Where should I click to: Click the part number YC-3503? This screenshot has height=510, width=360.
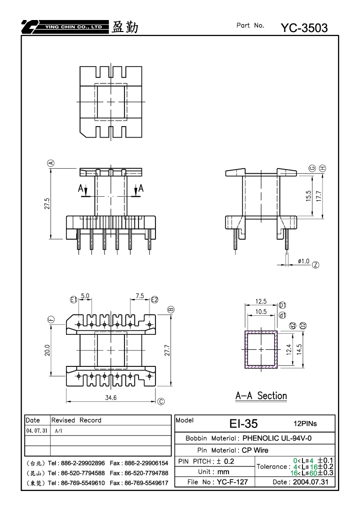304,28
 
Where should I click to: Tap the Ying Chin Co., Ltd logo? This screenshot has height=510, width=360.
65,27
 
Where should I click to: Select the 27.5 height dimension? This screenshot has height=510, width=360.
47,204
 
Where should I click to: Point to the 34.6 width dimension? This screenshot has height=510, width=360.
111,397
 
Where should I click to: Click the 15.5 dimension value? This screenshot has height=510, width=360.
308,196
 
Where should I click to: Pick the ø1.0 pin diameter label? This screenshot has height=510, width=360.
304,261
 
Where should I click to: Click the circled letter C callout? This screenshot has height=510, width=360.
161,402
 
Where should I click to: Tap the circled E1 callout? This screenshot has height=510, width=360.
74,300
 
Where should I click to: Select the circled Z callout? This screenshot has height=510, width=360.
315,265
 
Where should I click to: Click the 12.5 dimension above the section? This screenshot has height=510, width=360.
261,301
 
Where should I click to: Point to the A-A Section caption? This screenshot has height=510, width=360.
261,396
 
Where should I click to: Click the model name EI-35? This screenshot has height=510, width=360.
243,423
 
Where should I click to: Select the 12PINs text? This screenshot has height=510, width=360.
305,423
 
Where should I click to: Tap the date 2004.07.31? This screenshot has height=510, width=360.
310,482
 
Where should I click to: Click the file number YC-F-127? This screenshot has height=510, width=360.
232,482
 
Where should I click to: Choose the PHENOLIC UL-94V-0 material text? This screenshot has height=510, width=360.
277,438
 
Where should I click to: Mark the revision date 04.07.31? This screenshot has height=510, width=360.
36,430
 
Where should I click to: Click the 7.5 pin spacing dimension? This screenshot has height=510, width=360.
139,296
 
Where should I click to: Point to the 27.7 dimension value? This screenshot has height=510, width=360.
167,350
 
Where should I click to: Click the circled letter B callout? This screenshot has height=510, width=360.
171,310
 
